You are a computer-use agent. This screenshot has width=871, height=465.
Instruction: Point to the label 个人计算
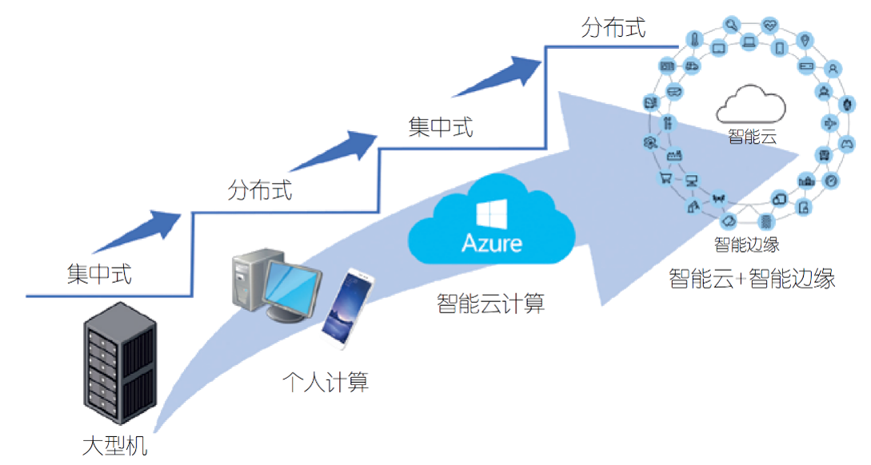[326, 383]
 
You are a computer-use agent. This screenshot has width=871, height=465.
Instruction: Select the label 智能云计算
[492, 304]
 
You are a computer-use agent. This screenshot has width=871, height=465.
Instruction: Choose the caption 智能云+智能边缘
[751, 279]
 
